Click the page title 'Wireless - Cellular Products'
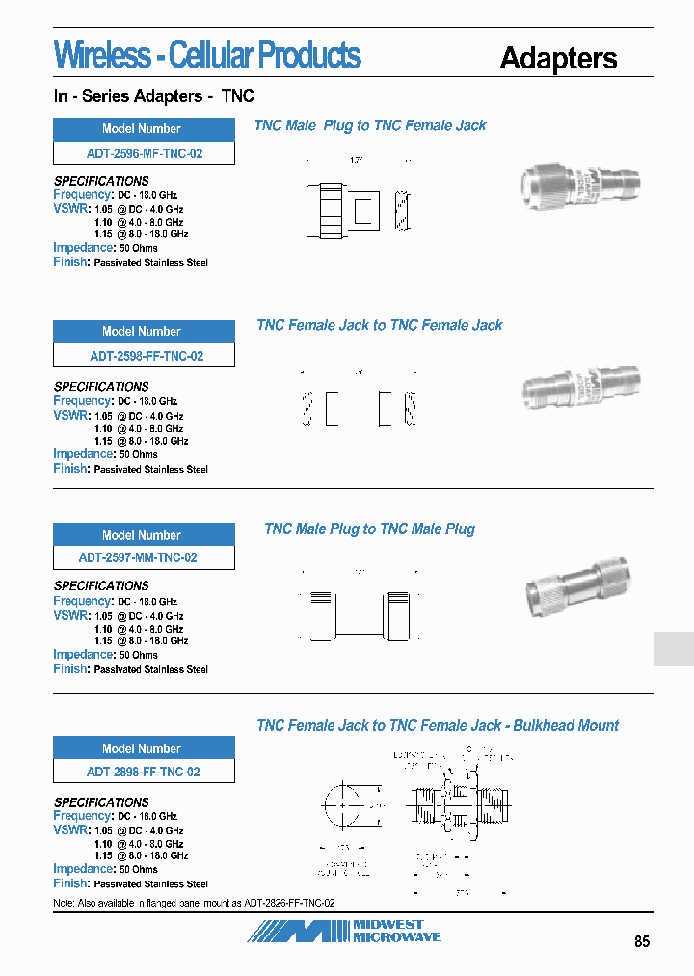pyautogui.click(x=207, y=55)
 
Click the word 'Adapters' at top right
pyautogui.click(x=558, y=58)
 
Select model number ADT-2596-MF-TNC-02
pyautogui.click(x=144, y=153)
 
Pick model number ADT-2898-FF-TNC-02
pyautogui.click(x=144, y=772)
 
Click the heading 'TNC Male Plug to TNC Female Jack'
pyautogui.click(x=370, y=125)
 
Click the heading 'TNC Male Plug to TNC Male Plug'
pyautogui.click(x=369, y=529)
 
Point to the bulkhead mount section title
pyautogui.click(x=438, y=725)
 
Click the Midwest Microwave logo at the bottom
pyautogui.click(x=344, y=931)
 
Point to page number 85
pyautogui.click(x=642, y=942)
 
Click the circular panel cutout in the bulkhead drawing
pyautogui.click(x=342, y=803)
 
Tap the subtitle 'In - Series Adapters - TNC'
pyautogui.click(x=153, y=96)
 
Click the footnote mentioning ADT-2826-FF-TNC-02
pyautogui.click(x=194, y=903)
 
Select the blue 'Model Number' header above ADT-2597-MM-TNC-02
pyautogui.click(x=144, y=534)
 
